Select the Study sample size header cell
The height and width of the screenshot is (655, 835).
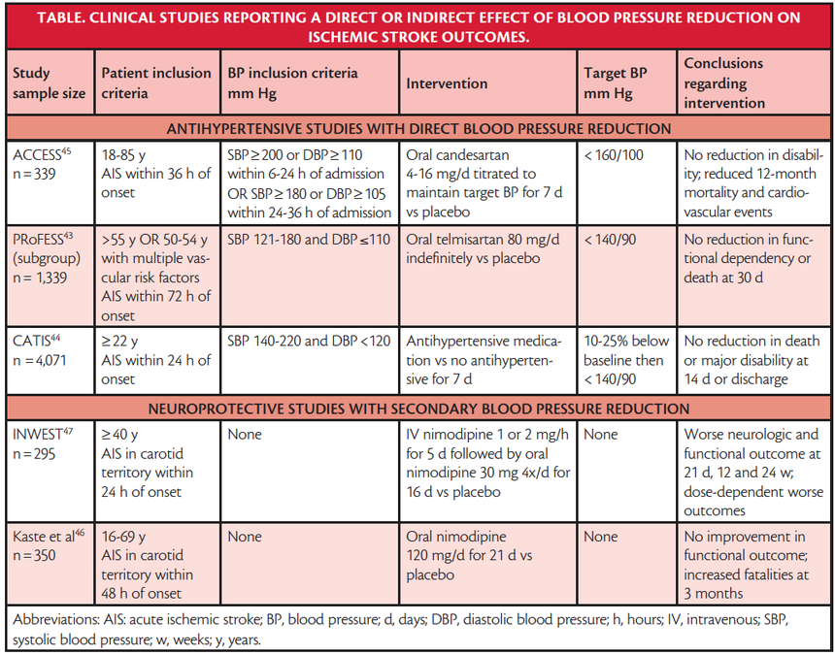[x=50, y=83]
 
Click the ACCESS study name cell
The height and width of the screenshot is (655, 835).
[x=44, y=162]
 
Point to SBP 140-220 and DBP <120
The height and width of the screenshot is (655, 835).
[x=310, y=341]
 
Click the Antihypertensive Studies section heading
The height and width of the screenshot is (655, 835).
[x=417, y=128]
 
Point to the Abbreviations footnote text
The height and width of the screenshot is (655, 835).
[x=417, y=631]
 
